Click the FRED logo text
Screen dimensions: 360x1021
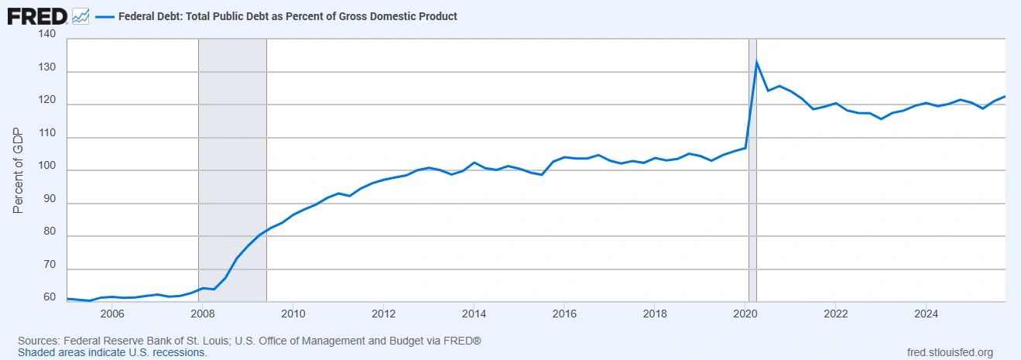[x=36, y=15]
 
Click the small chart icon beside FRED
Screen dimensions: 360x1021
[x=80, y=15]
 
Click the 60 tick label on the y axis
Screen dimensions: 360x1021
[x=49, y=297]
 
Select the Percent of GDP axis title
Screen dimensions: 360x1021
[x=19, y=170]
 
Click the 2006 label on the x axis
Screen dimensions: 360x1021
[x=112, y=314]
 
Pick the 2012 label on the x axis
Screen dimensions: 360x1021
[x=383, y=314]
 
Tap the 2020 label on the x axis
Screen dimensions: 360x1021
[x=745, y=314]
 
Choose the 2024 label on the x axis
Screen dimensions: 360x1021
[x=926, y=314]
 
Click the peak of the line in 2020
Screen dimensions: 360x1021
[x=756, y=61]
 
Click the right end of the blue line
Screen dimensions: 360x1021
[x=1005, y=96]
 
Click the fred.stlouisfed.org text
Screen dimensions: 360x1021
[x=949, y=352]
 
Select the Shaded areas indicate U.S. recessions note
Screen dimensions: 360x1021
[x=112, y=352]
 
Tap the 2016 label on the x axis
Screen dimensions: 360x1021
[x=564, y=314]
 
